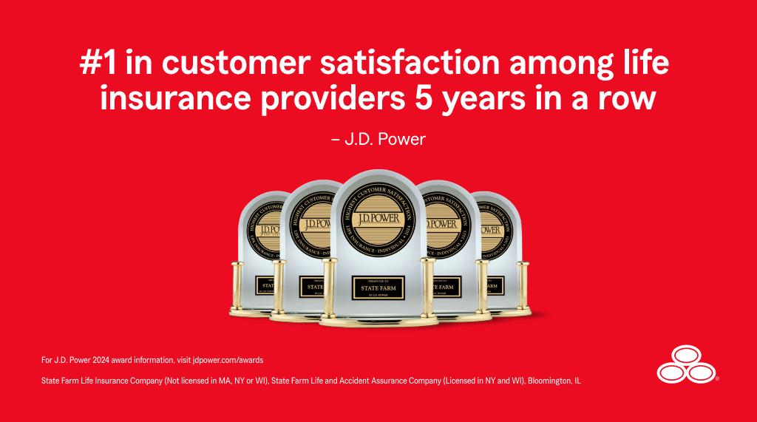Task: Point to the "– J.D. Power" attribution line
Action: (378, 138)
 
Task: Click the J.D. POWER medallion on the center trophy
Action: (378, 219)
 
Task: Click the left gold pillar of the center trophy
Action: (328, 289)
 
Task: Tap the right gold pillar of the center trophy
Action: (429, 289)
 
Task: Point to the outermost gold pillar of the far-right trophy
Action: (523, 285)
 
